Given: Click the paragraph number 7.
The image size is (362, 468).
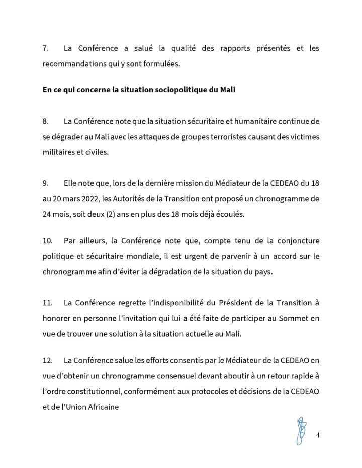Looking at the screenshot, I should coord(45,49).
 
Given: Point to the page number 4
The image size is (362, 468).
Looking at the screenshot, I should coord(318,435).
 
